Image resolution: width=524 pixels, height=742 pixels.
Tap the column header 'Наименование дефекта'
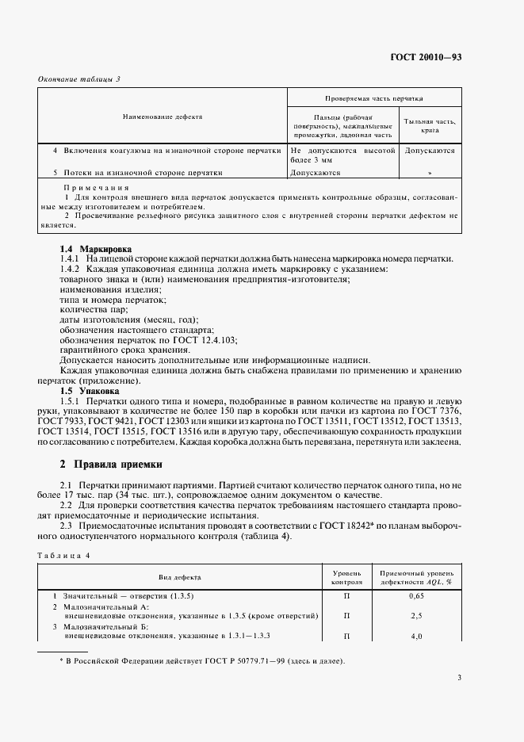[x=163, y=117]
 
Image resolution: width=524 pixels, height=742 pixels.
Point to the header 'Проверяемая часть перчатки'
[x=373, y=99]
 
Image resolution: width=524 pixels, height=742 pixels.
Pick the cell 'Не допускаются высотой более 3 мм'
[x=342, y=155]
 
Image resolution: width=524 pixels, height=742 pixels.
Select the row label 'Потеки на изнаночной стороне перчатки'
[x=136, y=172]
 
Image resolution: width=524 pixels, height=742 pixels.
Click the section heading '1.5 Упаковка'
[x=90, y=391]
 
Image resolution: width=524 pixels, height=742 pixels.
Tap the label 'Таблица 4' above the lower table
[x=64, y=556]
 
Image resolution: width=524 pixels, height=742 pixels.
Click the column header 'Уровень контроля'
[x=346, y=576]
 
